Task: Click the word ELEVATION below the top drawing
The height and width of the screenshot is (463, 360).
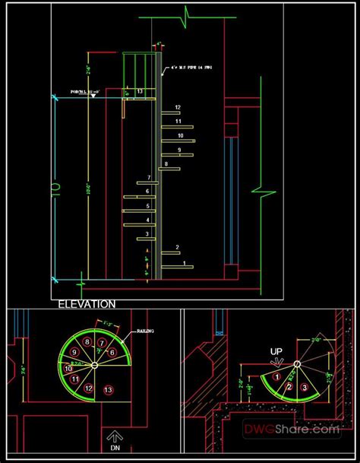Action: coord(87,303)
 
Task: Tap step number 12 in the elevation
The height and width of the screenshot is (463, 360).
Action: coord(177,107)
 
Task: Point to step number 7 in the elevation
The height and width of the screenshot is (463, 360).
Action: coord(150,178)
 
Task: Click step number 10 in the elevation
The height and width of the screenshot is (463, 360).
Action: coord(181,135)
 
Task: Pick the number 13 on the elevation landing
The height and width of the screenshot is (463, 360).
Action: coord(141,91)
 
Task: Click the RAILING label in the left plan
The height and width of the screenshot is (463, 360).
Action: coord(146,331)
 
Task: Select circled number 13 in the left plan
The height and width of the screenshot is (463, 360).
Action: coord(109,390)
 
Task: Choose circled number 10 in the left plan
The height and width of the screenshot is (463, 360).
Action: coord(68,368)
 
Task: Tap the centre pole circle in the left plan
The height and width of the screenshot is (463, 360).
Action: coord(93,366)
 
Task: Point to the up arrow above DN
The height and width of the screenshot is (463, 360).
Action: coord(115,436)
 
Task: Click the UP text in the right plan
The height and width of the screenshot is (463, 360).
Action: coord(277,351)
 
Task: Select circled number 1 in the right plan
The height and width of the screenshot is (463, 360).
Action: coord(278,376)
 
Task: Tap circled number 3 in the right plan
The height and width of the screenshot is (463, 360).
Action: coord(305,388)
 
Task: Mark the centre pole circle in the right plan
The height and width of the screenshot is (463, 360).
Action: coord(297,366)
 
